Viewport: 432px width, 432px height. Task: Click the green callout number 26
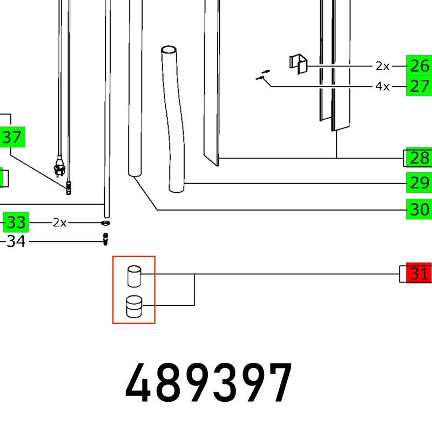pyautogui.click(x=419, y=65)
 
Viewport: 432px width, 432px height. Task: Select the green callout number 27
pyautogui.click(x=419, y=86)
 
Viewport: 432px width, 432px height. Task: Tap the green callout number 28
pyautogui.click(x=419, y=158)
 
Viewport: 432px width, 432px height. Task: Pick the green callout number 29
pyautogui.click(x=419, y=183)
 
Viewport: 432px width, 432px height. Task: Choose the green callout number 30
pyautogui.click(x=419, y=209)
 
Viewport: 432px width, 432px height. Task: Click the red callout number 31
pyautogui.click(x=419, y=274)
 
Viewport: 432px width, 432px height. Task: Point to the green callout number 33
pyautogui.click(x=16, y=222)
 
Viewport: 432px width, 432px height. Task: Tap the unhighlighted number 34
pyautogui.click(x=16, y=241)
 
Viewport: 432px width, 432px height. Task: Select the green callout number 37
pyautogui.click(x=12, y=137)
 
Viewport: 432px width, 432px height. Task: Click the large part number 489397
pyautogui.click(x=208, y=383)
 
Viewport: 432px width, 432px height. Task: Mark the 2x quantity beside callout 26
pyautogui.click(x=382, y=66)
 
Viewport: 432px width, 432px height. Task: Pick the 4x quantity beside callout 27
pyautogui.click(x=382, y=86)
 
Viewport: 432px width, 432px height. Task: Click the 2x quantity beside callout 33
pyautogui.click(x=59, y=222)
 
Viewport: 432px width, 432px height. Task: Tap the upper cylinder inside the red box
pyautogui.click(x=134, y=276)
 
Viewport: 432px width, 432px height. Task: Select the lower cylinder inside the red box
pyautogui.click(x=134, y=307)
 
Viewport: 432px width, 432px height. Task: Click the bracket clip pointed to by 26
pyautogui.click(x=298, y=64)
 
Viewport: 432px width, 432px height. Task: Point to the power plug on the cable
pyautogui.click(x=59, y=167)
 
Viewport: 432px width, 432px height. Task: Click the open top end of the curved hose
pyautogui.click(x=168, y=50)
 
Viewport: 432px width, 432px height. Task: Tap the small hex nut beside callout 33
pyautogui.click(x=105, y=223)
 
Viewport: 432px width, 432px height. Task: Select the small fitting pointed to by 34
pyautogui.click(x=105, y=239)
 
